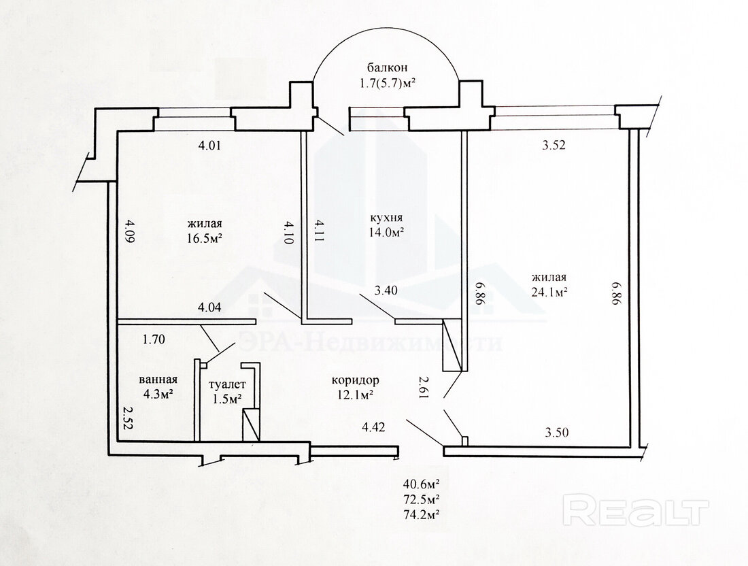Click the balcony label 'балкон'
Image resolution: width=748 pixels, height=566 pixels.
[x=387, y=67]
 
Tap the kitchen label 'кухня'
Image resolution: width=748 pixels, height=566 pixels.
[x=386, y=218]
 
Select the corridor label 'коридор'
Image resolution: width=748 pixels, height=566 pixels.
[x=356, y=380]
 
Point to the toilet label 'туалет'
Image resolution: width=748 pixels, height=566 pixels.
[x=228, y=384]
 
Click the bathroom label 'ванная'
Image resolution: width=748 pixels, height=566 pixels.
[x=158, y=380]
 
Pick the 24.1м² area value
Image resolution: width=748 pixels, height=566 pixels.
[x=549, y=292]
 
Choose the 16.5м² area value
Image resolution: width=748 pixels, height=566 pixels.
[x=205, y=237]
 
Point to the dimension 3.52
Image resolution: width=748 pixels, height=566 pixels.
[x=554, y=145]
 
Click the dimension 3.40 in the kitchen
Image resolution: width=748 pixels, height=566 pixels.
[x=386, y=290]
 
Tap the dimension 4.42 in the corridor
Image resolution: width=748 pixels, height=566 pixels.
[x=373, y=427]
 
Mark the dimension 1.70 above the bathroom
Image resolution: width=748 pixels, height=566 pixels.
[x=154, y=339]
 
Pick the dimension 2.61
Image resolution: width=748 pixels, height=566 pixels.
[x=423, y=386]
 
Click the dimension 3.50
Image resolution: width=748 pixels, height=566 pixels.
[x=557, y=433]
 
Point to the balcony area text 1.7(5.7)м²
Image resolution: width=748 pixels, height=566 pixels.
[x=387, y=84]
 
